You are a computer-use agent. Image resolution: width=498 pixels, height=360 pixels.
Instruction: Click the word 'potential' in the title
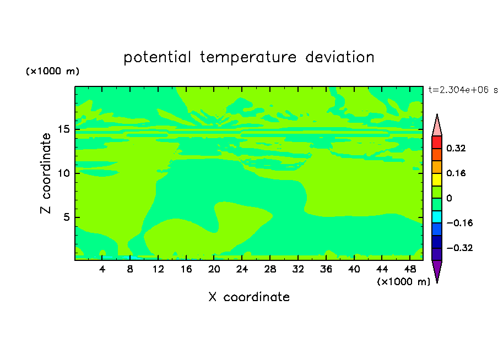pyautogui.click(x=157, y=58)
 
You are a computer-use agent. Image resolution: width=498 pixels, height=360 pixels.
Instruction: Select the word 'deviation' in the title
pyautogui.click(x=340, y=57)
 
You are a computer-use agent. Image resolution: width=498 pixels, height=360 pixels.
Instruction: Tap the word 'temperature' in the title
pyautogui.click(x=248, y=58)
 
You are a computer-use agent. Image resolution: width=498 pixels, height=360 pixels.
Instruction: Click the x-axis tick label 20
pyautogui.click(x=214, y=269)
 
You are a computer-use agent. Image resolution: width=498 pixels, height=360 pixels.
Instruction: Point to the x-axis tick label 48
pyautogui.click(x=410, y=269)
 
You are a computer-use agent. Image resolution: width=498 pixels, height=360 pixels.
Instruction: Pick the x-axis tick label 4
pyautogui.click(x=102, y=269)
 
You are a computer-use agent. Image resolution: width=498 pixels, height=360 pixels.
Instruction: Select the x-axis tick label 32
pyautogui.click(x=298, y=269)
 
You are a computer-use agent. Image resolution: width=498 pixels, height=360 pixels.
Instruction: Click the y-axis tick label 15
pyautogui.click(x=63, y=129)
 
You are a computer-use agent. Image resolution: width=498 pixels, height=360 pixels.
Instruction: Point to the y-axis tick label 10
pyautogui.click(x=63, y=173)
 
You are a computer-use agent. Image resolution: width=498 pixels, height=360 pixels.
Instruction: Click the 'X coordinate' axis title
pyautogui.click(x=249, y=297)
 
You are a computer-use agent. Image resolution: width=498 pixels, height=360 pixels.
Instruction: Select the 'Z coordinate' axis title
pyautogui.click(x=46, y=173)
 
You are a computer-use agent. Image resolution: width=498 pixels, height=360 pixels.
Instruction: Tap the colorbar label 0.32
pyautogui.click(x=456, y=148)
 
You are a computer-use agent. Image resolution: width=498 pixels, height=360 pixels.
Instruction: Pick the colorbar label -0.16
pyautogui.click(x=459, y=223)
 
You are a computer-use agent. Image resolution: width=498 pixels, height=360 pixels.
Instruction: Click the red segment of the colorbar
pyautogui.click(x=437, y=142)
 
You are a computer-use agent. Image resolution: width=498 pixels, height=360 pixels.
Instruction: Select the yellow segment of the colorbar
pyautogui.click(x=437, y=179)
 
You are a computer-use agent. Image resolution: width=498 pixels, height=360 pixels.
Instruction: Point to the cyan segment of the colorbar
pyautogui.click(x=437, y=217)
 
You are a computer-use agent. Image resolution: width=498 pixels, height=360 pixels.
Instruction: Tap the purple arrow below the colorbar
pyautogui.click(x=437, y=270)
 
